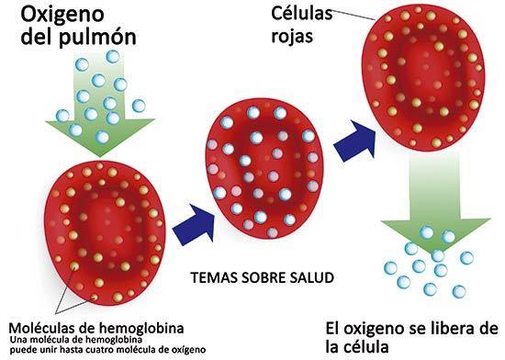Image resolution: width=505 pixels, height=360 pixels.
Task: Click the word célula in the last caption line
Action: click(x=372, y=348)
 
